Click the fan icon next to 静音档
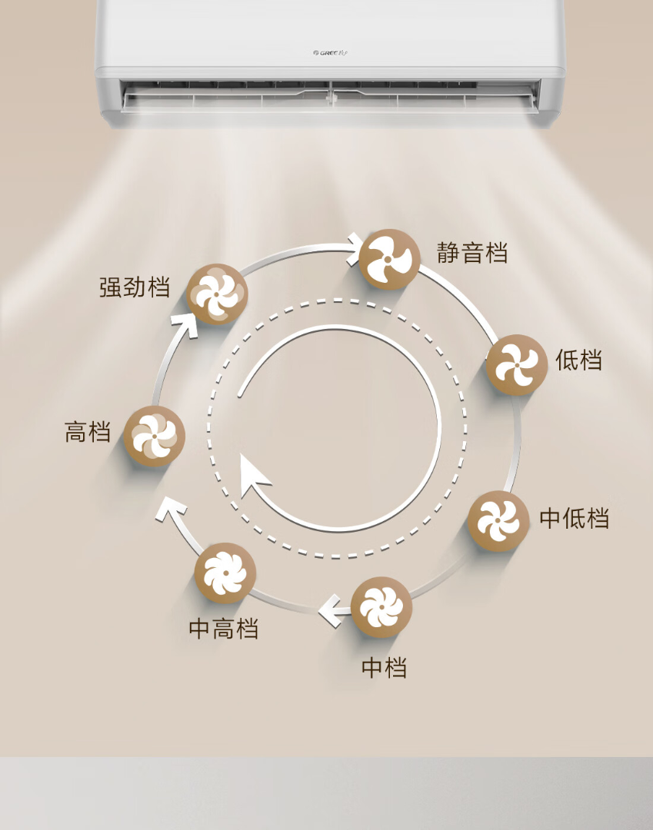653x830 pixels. (390, 259)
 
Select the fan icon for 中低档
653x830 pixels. (498, 521)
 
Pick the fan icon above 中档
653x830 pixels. (381, 607)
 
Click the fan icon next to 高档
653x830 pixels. (155, 437)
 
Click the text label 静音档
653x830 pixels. (472, 252)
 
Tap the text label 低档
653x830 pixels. (578, 360)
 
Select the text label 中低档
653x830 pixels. (574, 519)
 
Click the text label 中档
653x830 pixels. (384, 667)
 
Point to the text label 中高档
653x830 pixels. (224, 629)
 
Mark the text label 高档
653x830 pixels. (87, 432)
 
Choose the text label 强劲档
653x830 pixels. (135, 287)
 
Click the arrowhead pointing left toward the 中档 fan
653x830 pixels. (329, 612)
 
